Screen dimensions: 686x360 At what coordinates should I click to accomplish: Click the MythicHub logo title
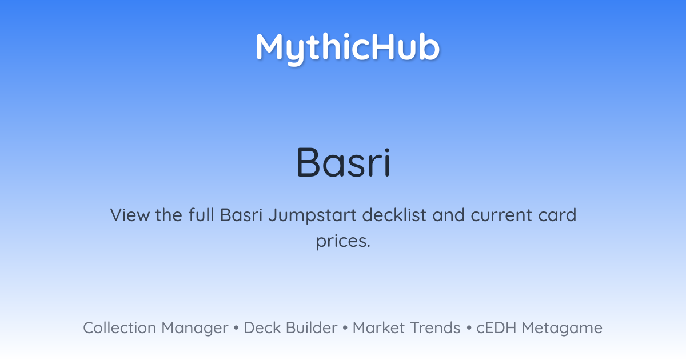coord(348,49)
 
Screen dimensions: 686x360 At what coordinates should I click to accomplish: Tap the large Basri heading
coord(343,162)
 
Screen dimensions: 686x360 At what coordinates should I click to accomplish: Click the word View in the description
coord(130,215)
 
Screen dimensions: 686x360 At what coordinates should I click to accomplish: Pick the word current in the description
coord(502,215)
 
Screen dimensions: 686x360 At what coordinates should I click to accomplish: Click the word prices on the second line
coord(343,242)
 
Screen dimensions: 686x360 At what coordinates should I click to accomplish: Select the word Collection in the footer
coord(119,327)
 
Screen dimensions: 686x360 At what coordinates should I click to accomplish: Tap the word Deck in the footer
coord(262,327)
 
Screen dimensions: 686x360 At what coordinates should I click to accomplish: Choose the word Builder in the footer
coord(312,327)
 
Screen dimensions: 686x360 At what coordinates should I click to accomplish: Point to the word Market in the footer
coord(379,327)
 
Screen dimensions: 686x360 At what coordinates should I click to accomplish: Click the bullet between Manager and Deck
coord(236,328)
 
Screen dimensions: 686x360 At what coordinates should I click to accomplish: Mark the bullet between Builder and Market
coord(345,328)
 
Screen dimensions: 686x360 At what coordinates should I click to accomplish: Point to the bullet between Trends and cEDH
coord(469,328)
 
